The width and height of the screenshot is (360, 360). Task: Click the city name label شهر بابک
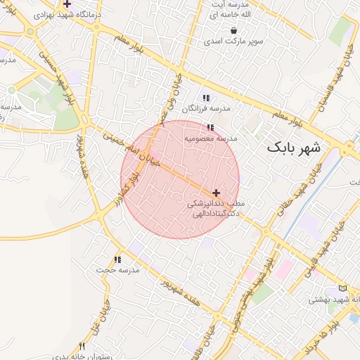(292, 148)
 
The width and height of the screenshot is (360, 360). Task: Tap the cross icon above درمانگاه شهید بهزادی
(67, 4)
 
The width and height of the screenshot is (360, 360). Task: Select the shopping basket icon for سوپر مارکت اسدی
(233, 31)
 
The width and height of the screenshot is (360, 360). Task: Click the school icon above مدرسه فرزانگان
(206, 98)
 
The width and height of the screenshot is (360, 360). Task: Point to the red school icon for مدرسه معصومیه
(210, 128)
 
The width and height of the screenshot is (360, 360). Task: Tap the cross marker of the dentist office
(216, 193)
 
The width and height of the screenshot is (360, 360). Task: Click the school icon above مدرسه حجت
(117, 259)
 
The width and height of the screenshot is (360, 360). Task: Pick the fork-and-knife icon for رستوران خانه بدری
(82, 346)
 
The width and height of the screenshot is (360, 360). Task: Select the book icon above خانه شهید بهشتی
(342, 288)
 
